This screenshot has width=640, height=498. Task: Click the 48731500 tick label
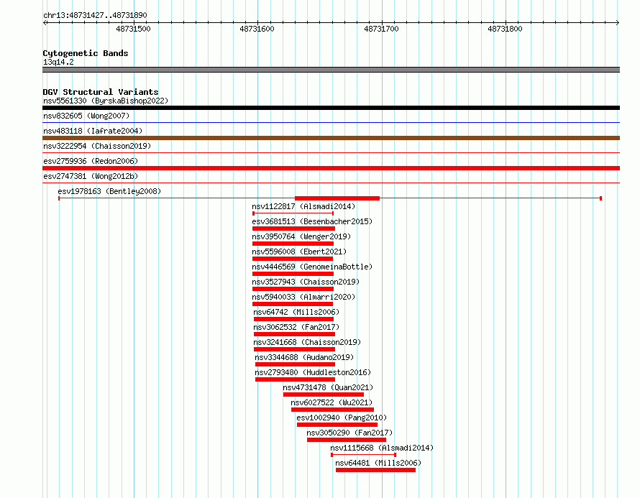point(133,29)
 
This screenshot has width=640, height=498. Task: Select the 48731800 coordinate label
point(505,29)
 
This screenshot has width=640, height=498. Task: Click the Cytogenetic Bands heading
point(86,53)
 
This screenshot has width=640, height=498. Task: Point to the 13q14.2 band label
point(58,62)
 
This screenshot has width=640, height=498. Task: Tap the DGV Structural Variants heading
point(101,92)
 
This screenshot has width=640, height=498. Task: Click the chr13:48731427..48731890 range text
point(95,15)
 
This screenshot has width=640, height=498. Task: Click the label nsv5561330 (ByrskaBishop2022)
point(106,101)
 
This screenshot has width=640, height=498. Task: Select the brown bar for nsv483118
point(331,138)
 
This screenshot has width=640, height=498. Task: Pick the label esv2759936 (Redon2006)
point(91,161)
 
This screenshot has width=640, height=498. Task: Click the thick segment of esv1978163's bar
point(337,198)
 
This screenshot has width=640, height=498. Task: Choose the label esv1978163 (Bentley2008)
point(109,191)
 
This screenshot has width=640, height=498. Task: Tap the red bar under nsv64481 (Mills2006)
point(375,470)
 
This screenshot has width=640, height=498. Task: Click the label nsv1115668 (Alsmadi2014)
point(382,448)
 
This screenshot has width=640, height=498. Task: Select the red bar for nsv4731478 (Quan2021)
point(324,395)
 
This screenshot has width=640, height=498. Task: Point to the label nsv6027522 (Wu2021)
point(332,402)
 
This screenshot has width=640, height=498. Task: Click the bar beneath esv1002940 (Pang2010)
point(337,425)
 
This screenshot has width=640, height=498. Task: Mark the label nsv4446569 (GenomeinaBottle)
point(312,267)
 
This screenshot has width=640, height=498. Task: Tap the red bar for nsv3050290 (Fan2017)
point(347,440)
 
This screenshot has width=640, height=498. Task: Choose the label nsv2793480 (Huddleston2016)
point(313,372)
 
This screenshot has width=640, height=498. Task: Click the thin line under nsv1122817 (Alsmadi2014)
point(293,213)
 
